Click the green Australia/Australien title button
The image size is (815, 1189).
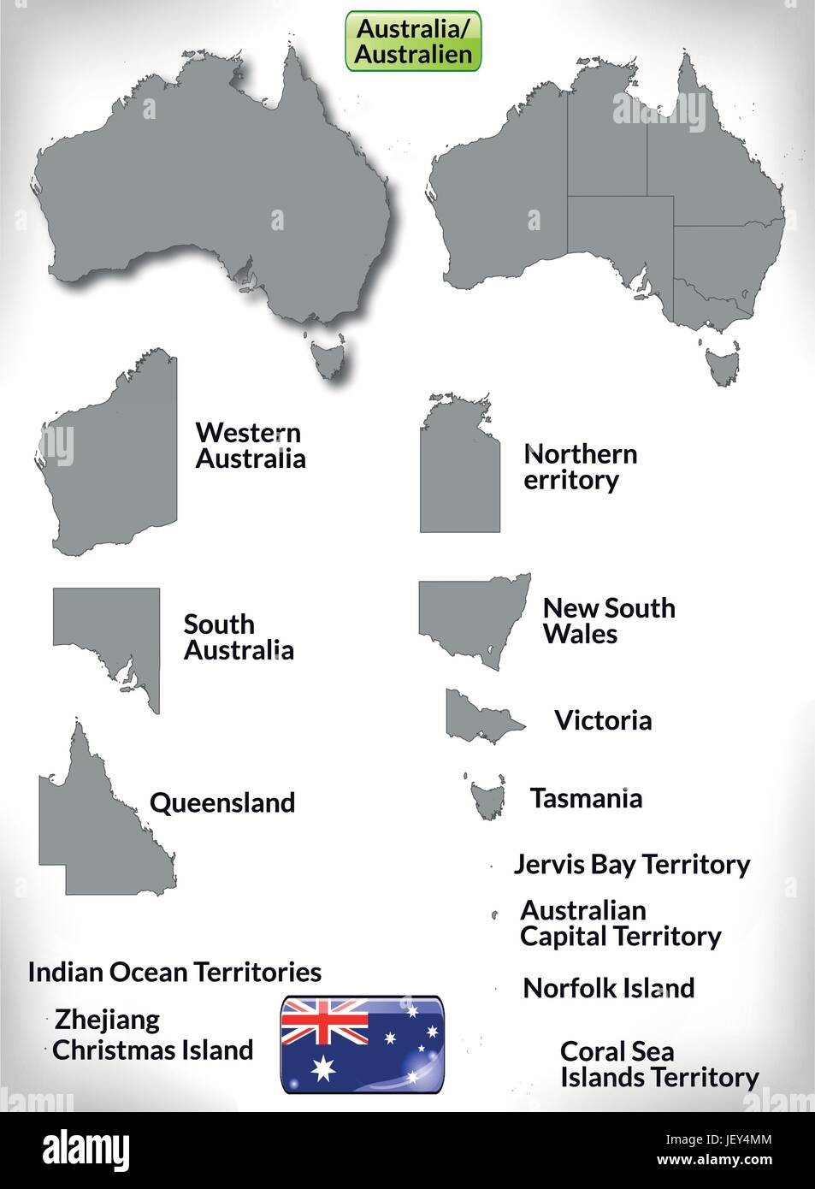pyautogui.click(x=414, y=41)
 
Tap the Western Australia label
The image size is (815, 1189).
pyautogui.click(x=250, y=446)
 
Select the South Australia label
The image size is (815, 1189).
pyautogui.click(x=239, y=637)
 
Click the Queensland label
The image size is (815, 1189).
pyautogui.click(x=222, y=802)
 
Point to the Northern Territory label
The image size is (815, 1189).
pyautogui.click(x=580, y=467)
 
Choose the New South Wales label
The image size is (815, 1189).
pyautogui.click(x=608, y=621)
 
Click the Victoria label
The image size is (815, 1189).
pyautogui.click(x=603, y=720)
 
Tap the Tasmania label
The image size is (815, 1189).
pyautogui.click(x=586, y=798)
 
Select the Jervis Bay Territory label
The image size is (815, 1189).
pyautogui.click(x=631, y=864)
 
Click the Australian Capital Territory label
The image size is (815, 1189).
pyautogui.click(x=620, y=923)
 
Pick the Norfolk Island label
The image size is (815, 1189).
pyautogui.click(x=608, y=988)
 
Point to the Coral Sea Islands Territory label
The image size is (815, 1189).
pyautogui.click(x=658, y=1064)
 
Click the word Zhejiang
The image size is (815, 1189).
pyautogui.click(x=107, y=1020)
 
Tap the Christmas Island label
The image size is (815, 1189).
pyautogui.click(x=153, y=1050)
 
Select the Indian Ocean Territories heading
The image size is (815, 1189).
pyautogui.click(x=174, y=972)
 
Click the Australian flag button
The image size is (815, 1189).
pyautogui.click(x=362, y=1044)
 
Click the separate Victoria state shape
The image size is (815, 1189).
pyautogui.click(x=477, y=715)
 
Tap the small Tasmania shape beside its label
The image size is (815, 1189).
pyautogui.click(x=485, y=796)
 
